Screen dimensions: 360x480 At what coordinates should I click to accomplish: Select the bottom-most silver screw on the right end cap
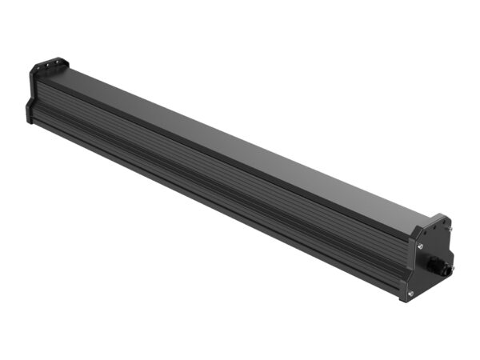click(x=410, y=294)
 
